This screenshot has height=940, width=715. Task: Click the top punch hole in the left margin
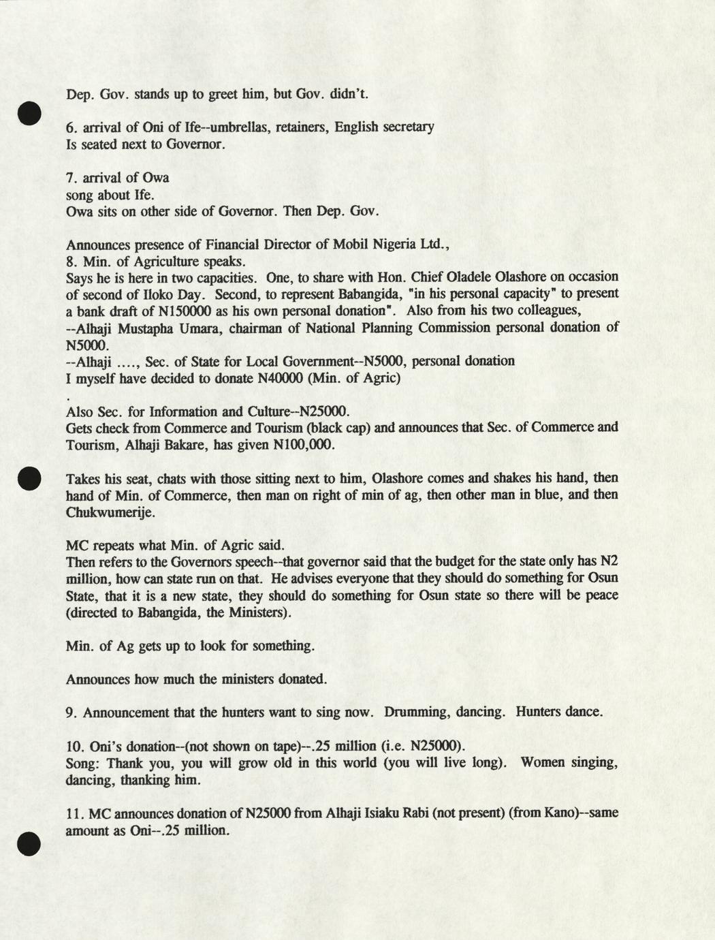[x=30, y=113]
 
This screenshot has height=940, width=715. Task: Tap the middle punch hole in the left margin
[x=30, y=477]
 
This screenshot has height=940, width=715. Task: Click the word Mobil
[x=354, y=245]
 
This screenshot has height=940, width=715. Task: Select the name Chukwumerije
[x=110, y=512]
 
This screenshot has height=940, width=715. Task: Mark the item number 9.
[x=70, y=712]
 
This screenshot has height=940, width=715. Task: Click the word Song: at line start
[x=83, y=763]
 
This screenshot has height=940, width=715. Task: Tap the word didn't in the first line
[x=349, y=94]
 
